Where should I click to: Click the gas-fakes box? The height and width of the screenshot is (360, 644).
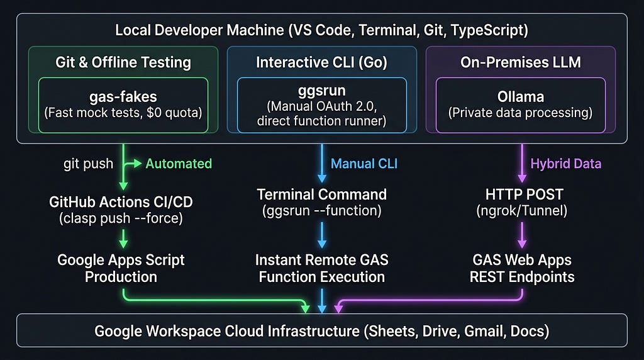coord(123,105)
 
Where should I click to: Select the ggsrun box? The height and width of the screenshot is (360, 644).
coord(322,105)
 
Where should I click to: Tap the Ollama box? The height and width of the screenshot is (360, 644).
coord(520,105)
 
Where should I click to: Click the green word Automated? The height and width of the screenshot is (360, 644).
coord(179,164)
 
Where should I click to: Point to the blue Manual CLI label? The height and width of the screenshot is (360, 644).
coord(364,164)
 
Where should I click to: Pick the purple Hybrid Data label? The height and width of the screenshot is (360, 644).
coord(565,164)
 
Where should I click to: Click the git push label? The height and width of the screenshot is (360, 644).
coord(88,164)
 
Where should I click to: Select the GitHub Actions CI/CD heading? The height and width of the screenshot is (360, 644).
coord(121,202)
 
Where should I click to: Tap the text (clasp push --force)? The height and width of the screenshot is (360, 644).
coord(121,218)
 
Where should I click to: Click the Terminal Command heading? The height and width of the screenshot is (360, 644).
coord(322,194)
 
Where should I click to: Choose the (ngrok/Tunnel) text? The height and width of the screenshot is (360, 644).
coord(521,211)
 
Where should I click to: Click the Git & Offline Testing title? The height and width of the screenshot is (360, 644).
coord(123,62)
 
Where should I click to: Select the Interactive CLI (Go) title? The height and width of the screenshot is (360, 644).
coord(321,62)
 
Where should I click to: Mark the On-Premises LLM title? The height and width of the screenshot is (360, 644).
coord(521,62)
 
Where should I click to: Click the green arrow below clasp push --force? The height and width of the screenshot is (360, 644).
coord(123,239)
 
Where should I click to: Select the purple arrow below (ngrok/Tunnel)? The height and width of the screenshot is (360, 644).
coord(522,235)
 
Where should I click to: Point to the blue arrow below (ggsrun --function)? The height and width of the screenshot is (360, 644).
coord(322,235)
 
